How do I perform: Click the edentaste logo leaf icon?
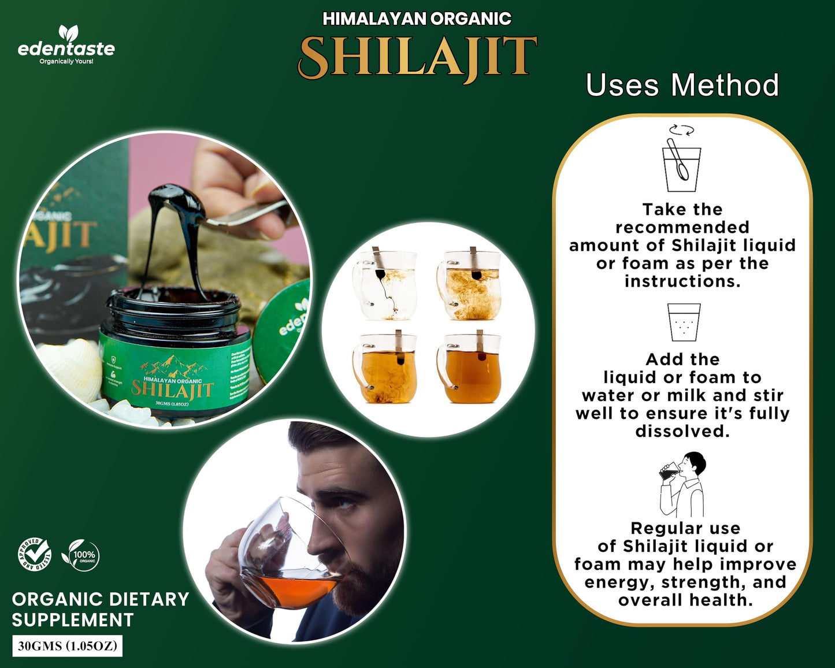click(68, 32)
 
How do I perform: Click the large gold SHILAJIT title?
click(417, 57)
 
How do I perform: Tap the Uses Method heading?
click(682, 86)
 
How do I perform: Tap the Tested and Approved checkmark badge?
click(35, 555)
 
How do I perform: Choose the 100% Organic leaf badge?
click(81, 555)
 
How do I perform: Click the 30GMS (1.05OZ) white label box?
click(68, 646)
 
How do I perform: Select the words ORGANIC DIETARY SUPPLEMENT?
click(100, 609)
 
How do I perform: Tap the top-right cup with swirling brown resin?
click(470, 285)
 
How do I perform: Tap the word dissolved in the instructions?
click(682, 432)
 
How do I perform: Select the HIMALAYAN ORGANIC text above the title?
click(417, 19)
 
